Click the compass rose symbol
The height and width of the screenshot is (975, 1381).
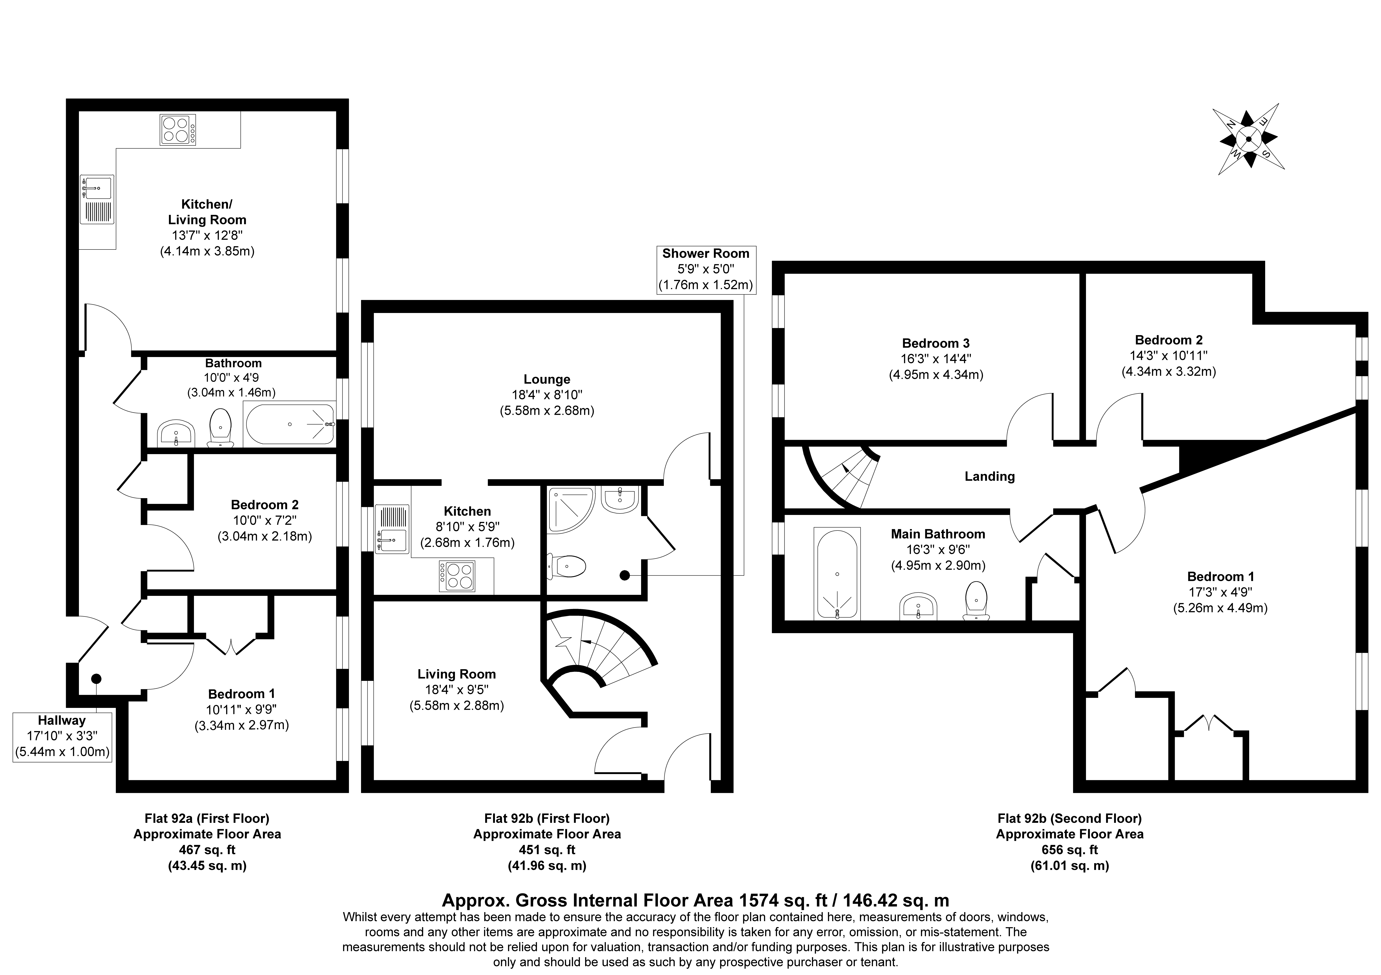click(1248, 139)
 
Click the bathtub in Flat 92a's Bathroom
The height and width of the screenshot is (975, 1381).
click(289, 424)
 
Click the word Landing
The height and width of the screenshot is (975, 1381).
click(989, 477)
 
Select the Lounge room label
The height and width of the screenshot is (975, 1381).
click(547, 379)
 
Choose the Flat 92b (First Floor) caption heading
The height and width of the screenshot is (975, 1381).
click(547, 818)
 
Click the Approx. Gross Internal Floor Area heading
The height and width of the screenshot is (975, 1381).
click(696, 900)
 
